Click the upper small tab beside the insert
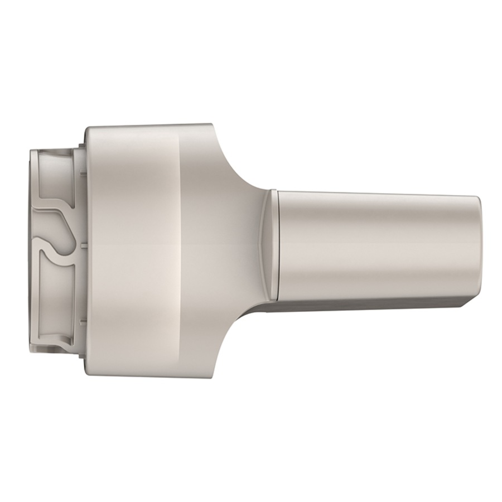pos(81,173)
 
